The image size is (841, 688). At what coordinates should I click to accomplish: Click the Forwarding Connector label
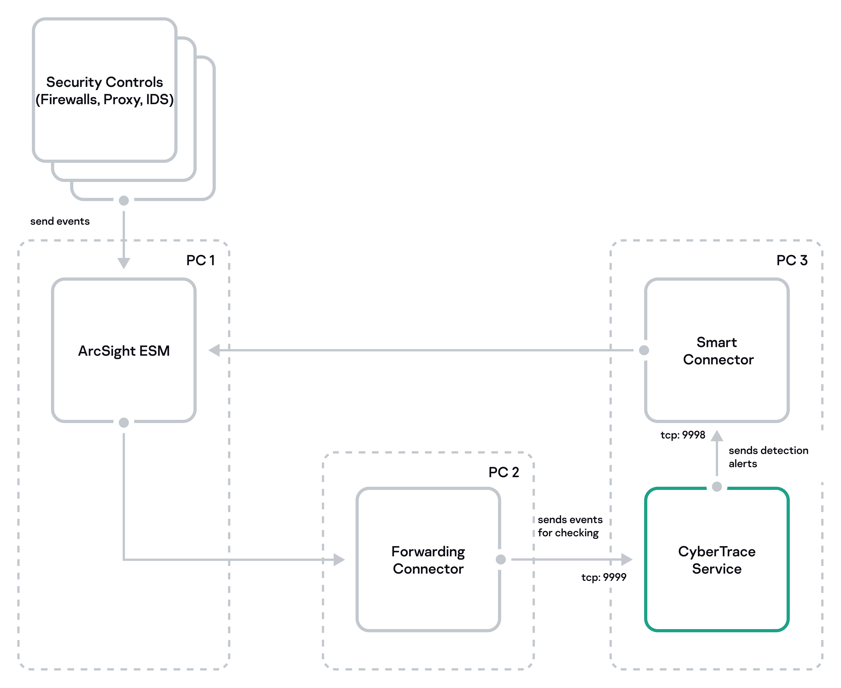point(428,560)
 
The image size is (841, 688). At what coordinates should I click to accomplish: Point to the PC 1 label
point(201,260)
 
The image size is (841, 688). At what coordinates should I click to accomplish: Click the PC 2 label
point(503,472)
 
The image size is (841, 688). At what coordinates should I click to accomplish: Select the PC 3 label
point(792,260)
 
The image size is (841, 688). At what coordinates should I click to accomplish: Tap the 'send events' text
point(60,221)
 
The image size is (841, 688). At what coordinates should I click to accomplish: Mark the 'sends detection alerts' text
point(768,457)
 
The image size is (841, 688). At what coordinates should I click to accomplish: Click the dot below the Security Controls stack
point(124,201)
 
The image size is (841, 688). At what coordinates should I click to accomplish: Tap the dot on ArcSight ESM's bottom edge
point(124,423)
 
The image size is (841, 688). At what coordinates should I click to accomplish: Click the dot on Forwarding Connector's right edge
point(501,559)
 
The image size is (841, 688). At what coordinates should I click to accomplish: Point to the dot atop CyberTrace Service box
point(717,487)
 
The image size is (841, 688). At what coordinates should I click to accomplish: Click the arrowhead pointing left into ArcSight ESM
point(214,350)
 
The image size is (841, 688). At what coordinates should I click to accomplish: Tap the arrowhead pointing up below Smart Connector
point(717,436)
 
